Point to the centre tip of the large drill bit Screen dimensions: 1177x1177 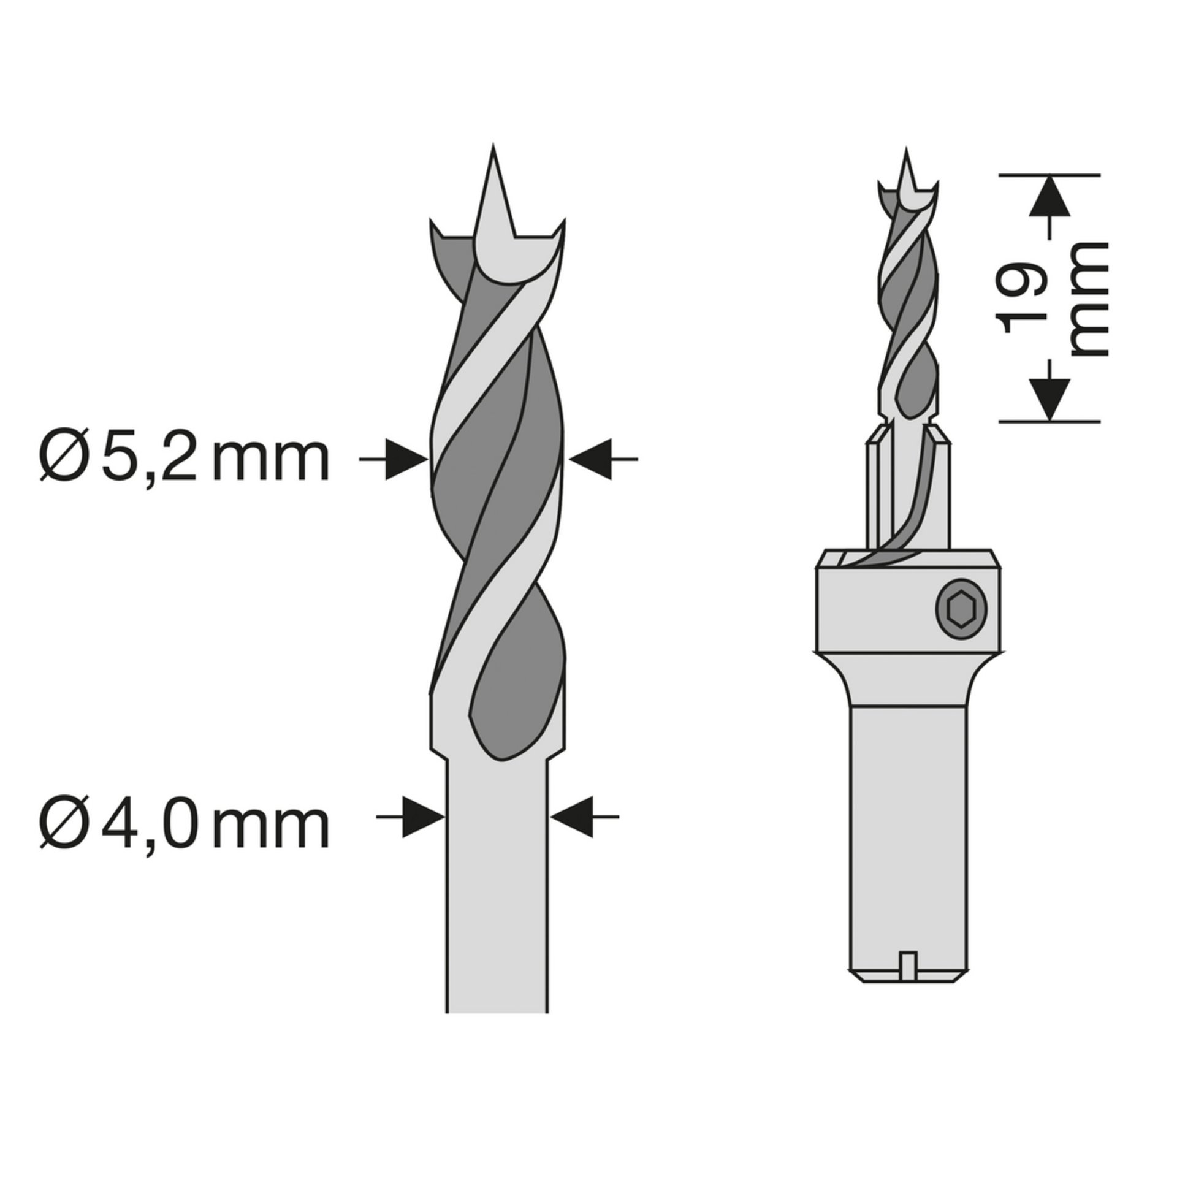(x=493, y=145)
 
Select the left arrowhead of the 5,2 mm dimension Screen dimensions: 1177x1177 (x=407, y=459)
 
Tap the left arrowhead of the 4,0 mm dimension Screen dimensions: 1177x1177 (x=424, y=817)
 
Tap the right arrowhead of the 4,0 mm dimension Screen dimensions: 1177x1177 (x=571, y=817)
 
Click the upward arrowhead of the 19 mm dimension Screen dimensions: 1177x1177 (x=1049, y=196)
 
